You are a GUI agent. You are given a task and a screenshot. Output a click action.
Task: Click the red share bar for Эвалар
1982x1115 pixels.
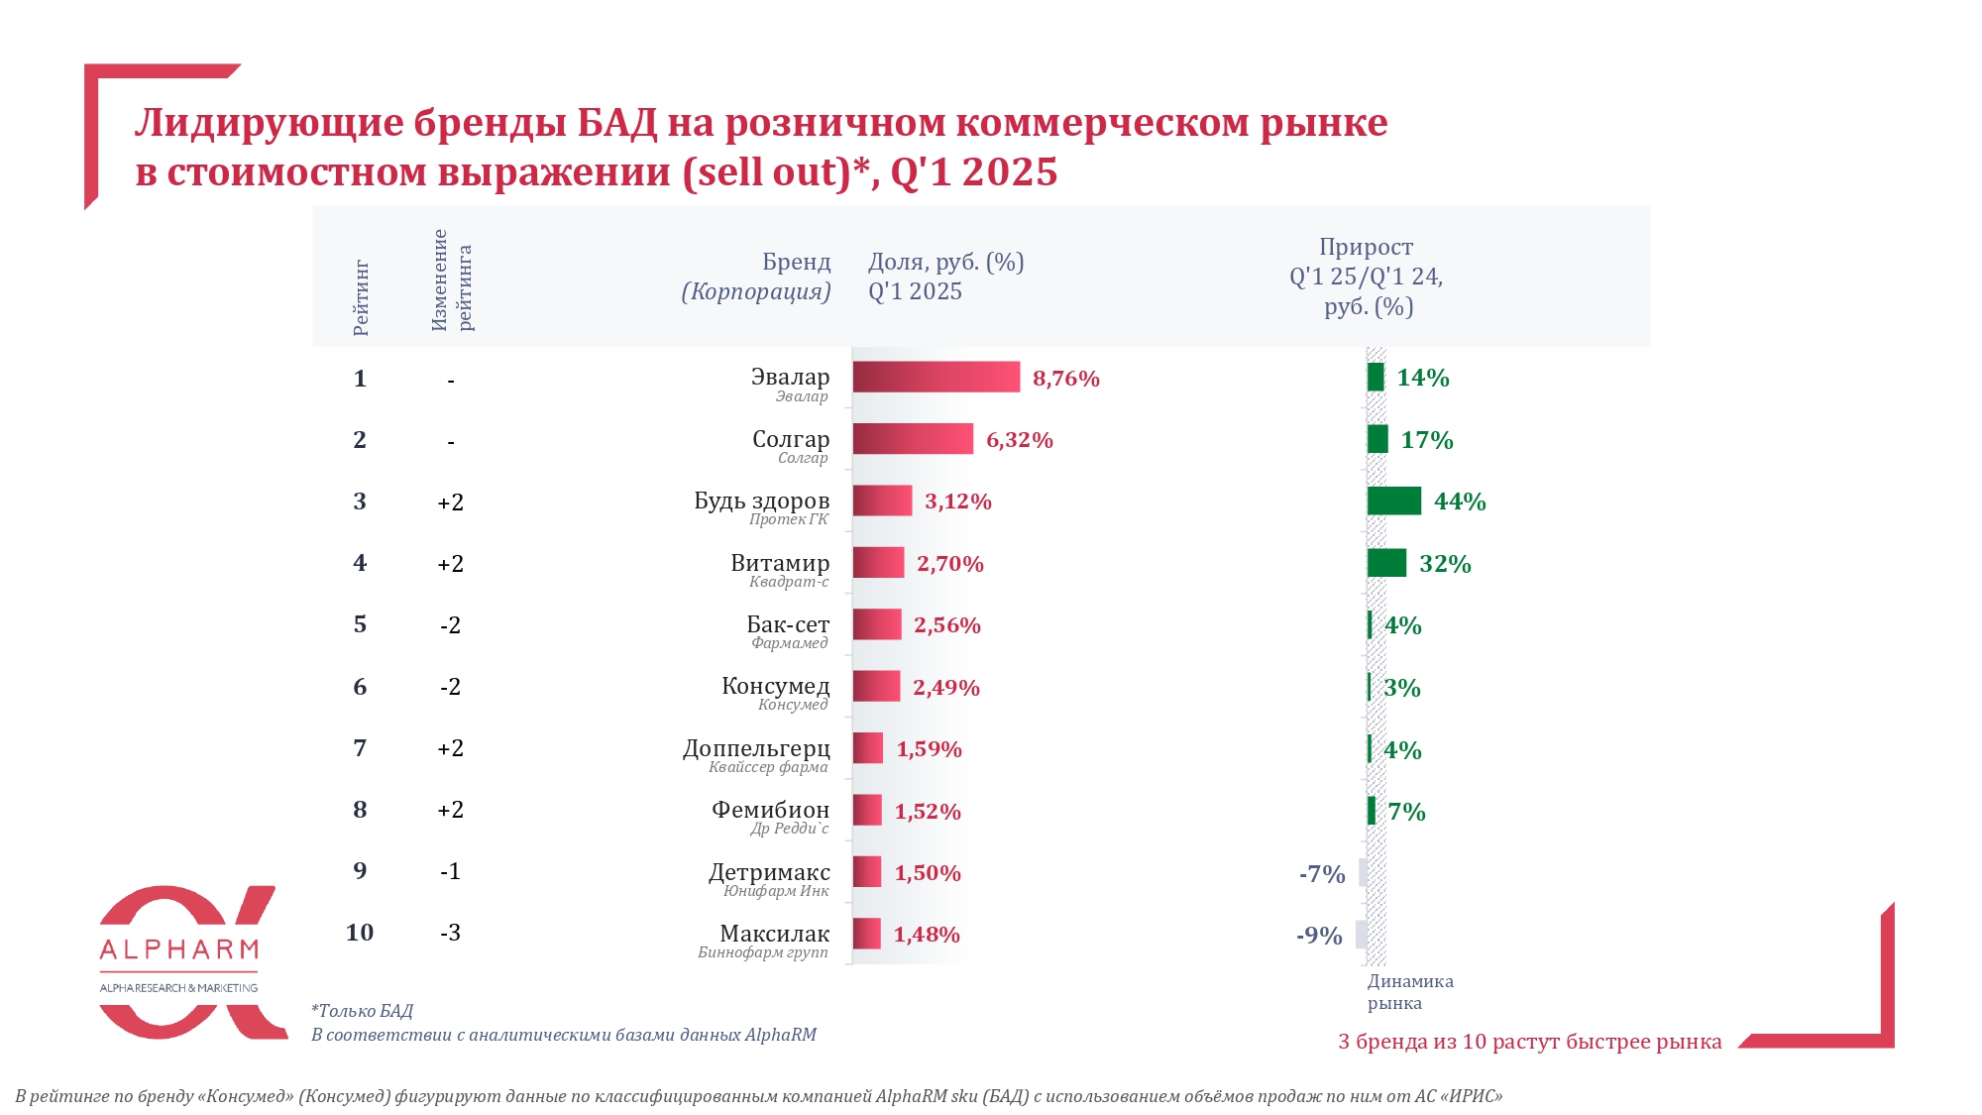tap(936, 378)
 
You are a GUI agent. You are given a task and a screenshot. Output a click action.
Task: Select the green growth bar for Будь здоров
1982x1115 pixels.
tap(1393, 502)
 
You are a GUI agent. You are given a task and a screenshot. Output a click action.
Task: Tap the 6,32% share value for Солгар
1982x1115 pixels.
tap(1019, 440)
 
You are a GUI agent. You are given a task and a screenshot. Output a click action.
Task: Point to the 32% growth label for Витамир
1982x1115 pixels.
tap(1444, 564)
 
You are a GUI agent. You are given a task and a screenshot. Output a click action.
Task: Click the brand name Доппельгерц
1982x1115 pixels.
tap(756, 748)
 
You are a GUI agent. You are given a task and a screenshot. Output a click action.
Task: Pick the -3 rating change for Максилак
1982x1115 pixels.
tap(450, 933)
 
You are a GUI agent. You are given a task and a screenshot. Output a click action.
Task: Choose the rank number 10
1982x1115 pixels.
tap(360, 933)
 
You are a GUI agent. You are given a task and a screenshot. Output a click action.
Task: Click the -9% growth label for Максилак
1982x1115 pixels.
tap(1319, 936)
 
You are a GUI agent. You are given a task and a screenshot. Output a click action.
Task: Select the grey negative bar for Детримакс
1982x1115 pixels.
tap(1363, 873)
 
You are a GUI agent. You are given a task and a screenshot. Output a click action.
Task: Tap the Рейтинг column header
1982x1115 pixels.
tap(361, 298)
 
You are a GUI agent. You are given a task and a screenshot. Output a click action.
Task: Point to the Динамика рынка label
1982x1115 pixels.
tap(1409, 992)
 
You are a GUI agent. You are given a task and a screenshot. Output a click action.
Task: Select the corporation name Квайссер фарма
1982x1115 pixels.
tap(768, 767)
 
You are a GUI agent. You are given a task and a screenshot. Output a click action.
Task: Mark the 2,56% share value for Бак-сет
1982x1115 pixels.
tap(946, 625)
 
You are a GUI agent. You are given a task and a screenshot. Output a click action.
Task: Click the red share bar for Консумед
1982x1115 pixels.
tap(876, 687)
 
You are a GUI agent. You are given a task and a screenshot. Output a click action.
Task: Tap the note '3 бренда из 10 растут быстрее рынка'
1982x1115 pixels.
tap(1529, 1042)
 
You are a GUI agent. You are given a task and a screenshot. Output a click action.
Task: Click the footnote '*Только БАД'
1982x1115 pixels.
tap(362, 1011)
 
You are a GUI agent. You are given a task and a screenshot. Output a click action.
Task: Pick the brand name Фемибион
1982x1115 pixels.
tap(770, 810)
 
